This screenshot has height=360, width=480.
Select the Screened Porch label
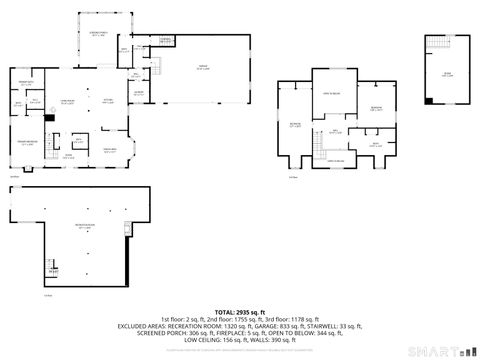click(x=96, y=34)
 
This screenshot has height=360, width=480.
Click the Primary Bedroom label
click(x=27, y=144)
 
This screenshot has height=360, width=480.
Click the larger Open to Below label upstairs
click(x=332, y=92)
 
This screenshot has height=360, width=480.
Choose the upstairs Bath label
click(x=375, y=145)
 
